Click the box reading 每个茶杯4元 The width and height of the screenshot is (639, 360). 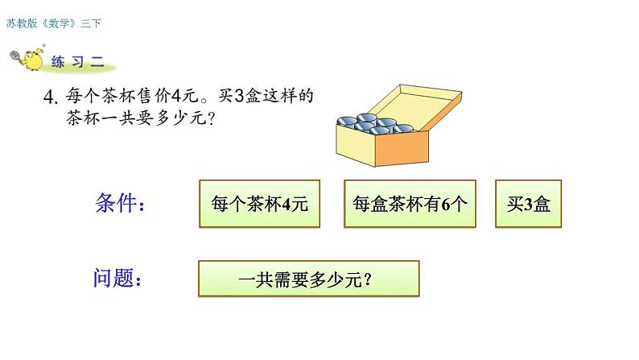258,205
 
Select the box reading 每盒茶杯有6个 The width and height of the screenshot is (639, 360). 410,205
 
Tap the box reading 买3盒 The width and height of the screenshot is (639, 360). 529,205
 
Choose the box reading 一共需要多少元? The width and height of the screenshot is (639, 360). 309,280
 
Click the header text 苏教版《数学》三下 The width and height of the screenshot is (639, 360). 53,24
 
